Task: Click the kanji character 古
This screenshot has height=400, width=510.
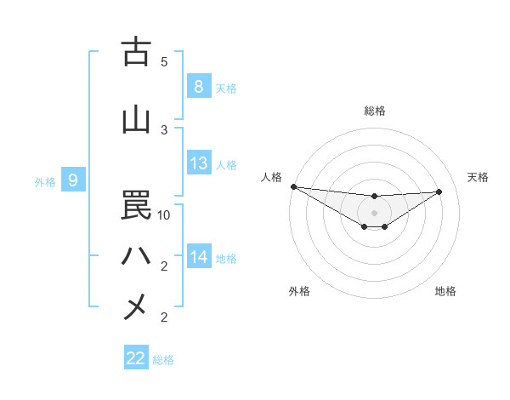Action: [136, 53]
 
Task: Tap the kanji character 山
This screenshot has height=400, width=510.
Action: [136, 120]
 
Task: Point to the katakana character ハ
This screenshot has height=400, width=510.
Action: [136, 256]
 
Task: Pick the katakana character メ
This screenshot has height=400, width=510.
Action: [136, 306]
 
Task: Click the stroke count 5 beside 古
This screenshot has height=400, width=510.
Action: [164, 62]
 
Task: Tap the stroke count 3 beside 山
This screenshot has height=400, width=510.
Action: [164, 129]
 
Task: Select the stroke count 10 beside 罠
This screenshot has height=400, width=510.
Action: [164, 215]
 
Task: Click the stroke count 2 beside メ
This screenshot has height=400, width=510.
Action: [164, 317]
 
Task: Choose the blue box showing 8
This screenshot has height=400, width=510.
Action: [198, 87]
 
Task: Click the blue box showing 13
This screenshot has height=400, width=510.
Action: [198, 163]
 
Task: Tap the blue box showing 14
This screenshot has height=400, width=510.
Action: [198, 256]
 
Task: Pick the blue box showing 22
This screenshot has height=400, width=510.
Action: [136, 358]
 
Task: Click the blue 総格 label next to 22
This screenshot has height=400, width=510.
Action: [163, 360]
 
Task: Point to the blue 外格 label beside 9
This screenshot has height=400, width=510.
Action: [45, 181]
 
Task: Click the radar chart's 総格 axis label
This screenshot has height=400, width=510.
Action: [374, 111]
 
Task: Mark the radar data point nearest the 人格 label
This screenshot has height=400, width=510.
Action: [293, 186]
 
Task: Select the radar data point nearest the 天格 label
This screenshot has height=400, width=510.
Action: [439, 191]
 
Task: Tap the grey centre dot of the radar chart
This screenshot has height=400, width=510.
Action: [374, 212]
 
